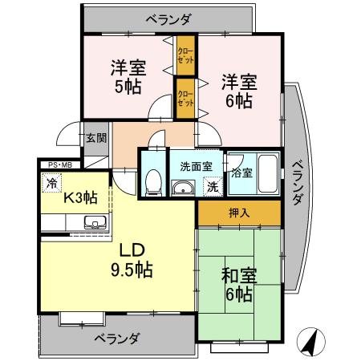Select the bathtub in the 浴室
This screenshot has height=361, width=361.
point(266,172)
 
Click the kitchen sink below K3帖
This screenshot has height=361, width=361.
point(95,223)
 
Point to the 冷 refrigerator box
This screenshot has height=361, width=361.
point(51,182)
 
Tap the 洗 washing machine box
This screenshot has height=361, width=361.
point(213,187)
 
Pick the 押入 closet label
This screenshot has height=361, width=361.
point(238,213)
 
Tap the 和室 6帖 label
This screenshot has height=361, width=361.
point(238,285)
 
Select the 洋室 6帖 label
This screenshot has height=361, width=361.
point(239,90)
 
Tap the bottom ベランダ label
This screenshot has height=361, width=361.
point(116,338)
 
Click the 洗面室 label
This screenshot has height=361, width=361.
point(196,167)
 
